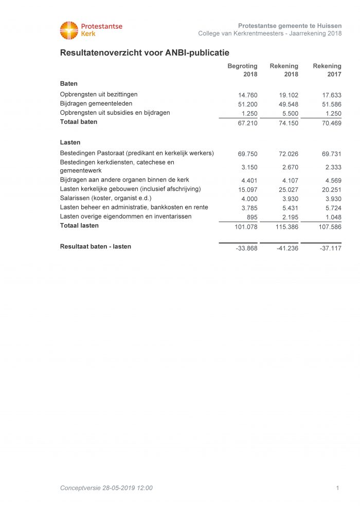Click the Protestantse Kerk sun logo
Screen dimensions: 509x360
pyautogui.click(x=69, y=30)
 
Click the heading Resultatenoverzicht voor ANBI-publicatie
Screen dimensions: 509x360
pyautogui.click(x=145, y=52)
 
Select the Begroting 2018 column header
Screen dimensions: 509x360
pyautogui.click(x=243, y=70)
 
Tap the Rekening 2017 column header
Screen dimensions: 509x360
pyautogui.click(x=327, y=70)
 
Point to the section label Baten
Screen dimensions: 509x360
pyautogui.click(x=69, y=83)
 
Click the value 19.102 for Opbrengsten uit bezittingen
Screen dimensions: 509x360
pyautogui.click(x=289, y=95)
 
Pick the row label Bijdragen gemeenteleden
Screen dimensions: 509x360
pyautogui.click(x=96, y=103)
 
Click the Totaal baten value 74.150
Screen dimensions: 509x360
pyautogui.click(x=289, y=123)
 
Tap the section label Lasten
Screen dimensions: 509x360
pyautogui.click(x=70, y=142)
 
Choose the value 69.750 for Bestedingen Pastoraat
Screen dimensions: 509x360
pyautogui.click(x=247, y=154)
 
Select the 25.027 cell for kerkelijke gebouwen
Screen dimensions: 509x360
pyautogui.click(x=289, y=189)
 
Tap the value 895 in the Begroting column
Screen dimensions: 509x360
pyautogui.click(x=251, y=217)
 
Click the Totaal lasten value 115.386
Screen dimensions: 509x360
pyautogui.click(x=286, y=227)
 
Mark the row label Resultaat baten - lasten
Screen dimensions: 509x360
pyautogui.click(x=96, y=246)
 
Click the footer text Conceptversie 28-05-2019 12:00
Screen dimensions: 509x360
pyautogui.click(x=106, y=488)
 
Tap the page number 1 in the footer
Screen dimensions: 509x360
pyautogui.click(x=337, y=488)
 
